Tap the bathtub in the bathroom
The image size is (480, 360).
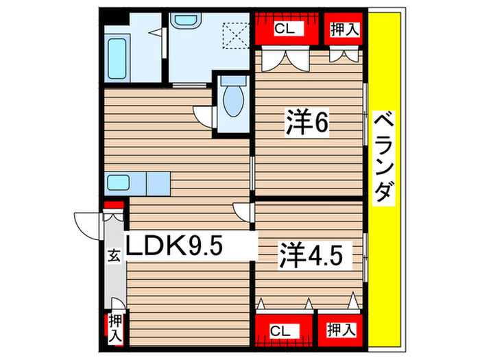(117, 59)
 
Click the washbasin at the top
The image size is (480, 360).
(185, 21)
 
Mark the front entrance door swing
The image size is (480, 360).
(86, 222)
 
